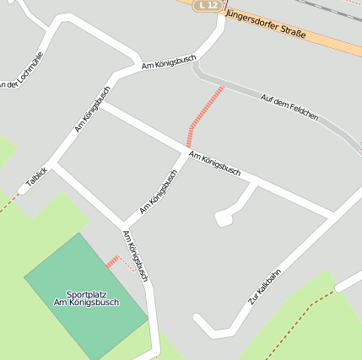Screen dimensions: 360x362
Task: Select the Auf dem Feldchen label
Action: [289, 106]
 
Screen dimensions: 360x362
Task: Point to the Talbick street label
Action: [36, 176]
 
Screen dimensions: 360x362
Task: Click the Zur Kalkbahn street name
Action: [264, 287]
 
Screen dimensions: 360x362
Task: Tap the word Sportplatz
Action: [86, 293]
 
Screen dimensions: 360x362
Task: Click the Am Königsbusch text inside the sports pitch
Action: [86, 303]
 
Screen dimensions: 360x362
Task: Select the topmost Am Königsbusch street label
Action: [169, 62]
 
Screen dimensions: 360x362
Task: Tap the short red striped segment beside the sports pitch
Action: [111, 261]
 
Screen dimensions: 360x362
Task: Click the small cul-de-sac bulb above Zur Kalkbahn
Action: [223, 218]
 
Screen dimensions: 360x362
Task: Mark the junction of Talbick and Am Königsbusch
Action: [52, 161]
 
